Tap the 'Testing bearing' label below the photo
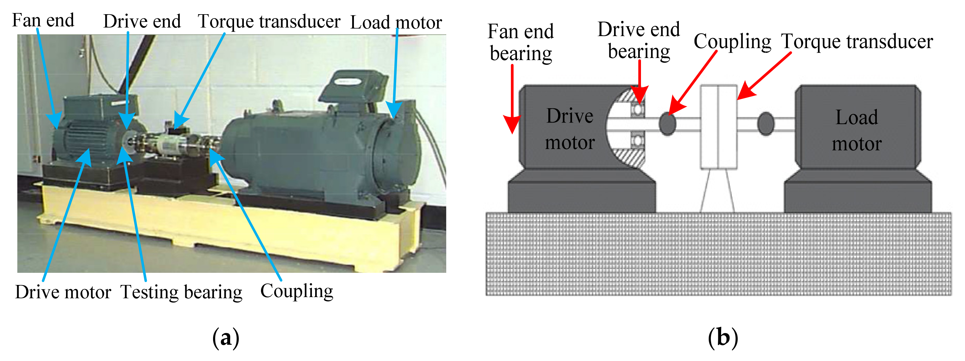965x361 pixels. [181, 292]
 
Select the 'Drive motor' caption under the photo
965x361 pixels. [63, 292]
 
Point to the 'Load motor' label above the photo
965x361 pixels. [396, 22]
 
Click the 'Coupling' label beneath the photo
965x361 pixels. [297, 291]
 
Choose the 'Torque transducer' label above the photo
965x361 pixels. [269, 21]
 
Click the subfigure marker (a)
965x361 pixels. [225, 338]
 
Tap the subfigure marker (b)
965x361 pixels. [723, 338]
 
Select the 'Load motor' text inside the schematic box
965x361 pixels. [857, 130]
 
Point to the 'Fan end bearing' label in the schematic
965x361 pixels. [521, 42]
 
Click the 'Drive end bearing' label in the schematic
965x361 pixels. [639, 40]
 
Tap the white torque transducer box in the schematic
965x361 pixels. [718, 127]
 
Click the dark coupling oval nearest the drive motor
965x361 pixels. [667, 124]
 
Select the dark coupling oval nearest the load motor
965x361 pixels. [766, 124]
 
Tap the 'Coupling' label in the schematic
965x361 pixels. [732, 41]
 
